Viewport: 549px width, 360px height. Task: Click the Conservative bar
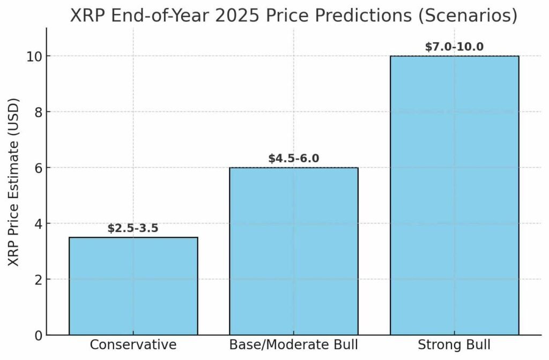(x=133, y=286)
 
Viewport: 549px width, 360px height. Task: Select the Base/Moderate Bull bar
(x=294, y=251)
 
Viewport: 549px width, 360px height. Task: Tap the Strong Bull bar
(x=454, y=196)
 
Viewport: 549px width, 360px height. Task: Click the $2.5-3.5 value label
(x=133, y=228)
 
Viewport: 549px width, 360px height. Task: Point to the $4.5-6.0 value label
(x=294, y=159)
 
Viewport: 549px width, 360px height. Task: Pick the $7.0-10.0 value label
(x=454, y=47)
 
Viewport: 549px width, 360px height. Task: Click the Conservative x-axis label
(x=133, y=344)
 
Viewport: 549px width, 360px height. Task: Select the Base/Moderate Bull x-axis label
(x=294, y=344)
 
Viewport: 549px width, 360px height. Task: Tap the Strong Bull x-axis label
(x=454, y=344)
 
